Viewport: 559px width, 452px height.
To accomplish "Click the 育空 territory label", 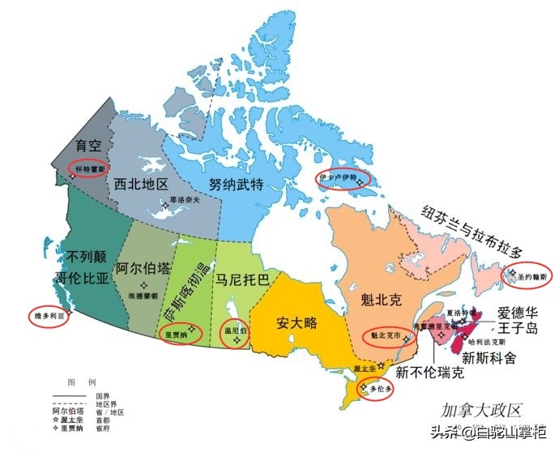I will click(87, 147).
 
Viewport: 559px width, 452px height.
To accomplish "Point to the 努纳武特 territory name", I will click(236, 184).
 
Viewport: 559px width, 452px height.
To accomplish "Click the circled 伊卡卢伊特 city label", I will click(338, 178).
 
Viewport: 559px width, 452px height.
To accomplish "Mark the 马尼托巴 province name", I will click(238, 280).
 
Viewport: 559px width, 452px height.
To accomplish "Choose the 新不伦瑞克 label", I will click(429, 373).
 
